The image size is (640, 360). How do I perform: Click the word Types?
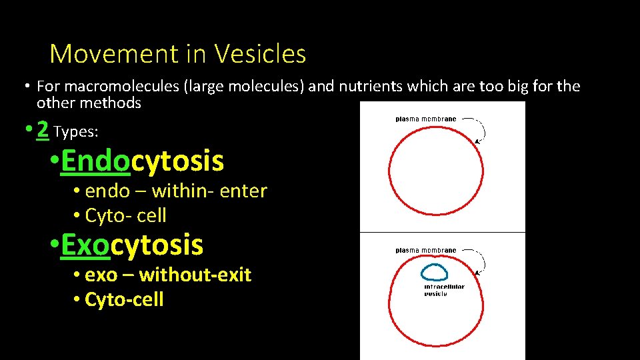[x=76, y=132]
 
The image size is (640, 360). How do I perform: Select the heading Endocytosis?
[x=142, y=161]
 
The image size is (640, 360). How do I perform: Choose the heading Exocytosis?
[x=132, y=245]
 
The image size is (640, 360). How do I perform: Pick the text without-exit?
[x=195, y=275]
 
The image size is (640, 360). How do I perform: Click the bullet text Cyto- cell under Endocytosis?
[x=125, y=216]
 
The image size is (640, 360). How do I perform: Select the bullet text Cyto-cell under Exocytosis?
[x=124, y=299]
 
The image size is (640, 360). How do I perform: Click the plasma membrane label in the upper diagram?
[x=426, y=119]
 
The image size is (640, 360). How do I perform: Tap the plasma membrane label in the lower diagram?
[x=426, y=251]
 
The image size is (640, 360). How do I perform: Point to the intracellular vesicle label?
[x=444, y=290]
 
